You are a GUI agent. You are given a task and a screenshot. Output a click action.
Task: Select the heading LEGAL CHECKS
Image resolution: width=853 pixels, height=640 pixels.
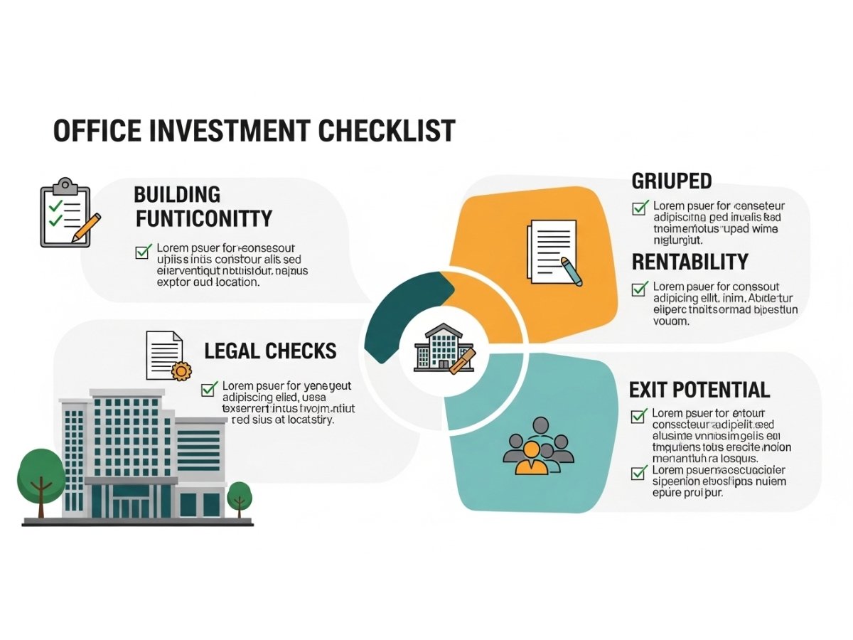point(270,351)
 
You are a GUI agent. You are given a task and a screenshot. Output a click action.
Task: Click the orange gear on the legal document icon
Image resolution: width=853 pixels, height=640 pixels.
point(182,370)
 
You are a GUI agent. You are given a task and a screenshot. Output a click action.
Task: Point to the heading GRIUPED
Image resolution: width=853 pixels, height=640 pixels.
point(672,181)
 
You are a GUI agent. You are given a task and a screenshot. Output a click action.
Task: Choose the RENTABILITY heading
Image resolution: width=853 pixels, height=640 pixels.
point(690,262)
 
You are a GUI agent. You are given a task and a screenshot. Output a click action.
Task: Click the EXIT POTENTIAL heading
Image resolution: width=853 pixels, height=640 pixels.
point(699,390)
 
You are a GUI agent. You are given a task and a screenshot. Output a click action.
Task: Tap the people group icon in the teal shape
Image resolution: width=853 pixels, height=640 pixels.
point(537,446)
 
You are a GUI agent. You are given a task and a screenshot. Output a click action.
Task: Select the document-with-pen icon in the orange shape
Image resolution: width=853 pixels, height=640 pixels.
point(553,252)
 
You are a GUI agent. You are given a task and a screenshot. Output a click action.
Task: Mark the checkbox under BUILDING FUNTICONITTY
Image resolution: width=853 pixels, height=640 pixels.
point(143,251)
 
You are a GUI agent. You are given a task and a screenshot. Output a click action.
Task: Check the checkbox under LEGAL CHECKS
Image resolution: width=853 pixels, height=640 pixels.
point(209,388)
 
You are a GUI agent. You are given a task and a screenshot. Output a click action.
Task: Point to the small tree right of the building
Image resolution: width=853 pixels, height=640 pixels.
point(240,496)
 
